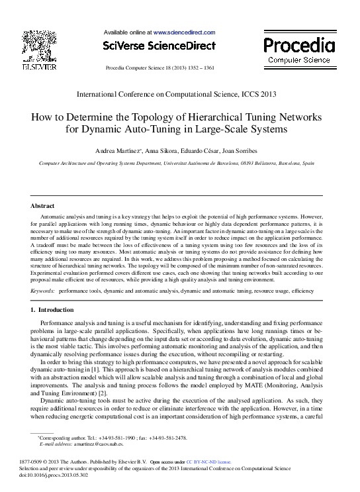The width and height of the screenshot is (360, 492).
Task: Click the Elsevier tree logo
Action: (40, 46)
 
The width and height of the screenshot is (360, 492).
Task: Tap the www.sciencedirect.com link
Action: (185, 32)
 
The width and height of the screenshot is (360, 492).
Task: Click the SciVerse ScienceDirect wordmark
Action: (159, 46)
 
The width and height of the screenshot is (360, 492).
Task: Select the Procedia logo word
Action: (299, 45)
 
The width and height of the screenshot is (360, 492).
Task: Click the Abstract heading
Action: (43, 206)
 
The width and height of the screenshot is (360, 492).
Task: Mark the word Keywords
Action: (43, 291)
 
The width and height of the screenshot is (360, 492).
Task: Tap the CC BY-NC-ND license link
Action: (208, 461)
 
